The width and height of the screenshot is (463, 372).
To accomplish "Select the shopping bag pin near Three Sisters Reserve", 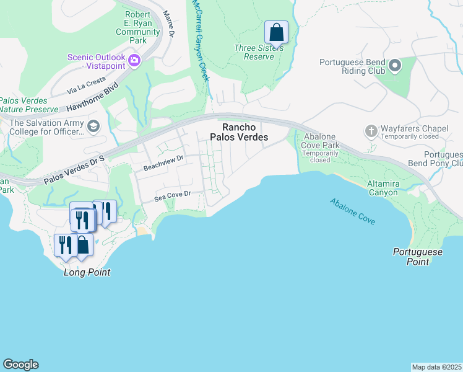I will pyautogui.click(x=276, y=32).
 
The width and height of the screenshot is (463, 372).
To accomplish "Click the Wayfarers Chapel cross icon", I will pyautogui.click(x=371, y=131).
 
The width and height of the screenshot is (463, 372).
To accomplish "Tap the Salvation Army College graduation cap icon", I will pyautogui.click(x=93, y=126).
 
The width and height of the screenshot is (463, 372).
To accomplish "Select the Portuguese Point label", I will pyautogui.click(x=418, y=257).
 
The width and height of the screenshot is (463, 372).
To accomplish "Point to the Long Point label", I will pyautogui.click(x=87, y=272).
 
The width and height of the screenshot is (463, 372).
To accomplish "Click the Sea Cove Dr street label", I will pyautogui.click(x=171, y=196).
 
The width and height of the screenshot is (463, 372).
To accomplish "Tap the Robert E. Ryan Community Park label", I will pyautogui.click(x=137, y=28).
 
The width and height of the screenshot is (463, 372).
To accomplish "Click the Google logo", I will pyautogui.click(x=20, y=365).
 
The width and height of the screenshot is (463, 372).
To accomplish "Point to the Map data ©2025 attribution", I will pyautogui.click(x=437, y=367).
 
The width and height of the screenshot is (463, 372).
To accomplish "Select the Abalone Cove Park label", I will pyautogui.click(x=319, y=146).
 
